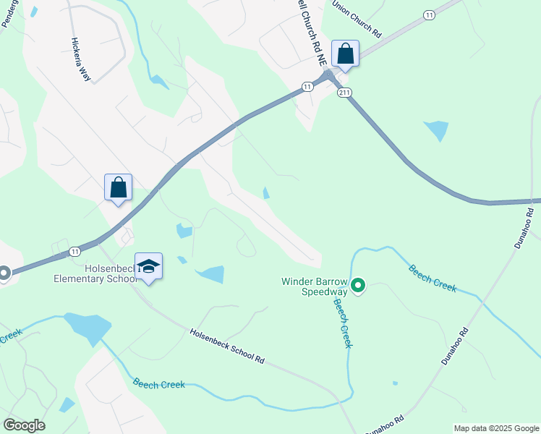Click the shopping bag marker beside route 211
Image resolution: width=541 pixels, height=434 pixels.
click(345, 54)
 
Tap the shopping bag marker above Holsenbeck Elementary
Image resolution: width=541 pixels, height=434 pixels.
click(119, 188)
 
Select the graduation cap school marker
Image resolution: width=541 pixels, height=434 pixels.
click(148, 267)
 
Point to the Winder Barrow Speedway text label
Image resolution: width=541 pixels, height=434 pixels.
click(315, 287)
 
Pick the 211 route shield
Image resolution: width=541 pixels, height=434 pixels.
click(344, 93)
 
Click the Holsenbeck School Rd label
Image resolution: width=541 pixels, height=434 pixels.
click(227, 346)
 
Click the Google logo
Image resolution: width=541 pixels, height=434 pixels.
click(24, 425)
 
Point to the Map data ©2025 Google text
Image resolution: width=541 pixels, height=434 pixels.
click(496, 428)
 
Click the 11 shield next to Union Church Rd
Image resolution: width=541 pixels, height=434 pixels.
click(430, 14)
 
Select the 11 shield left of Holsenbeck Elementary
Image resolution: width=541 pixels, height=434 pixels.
click(74, 251)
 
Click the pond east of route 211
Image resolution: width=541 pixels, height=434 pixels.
click(437, 130)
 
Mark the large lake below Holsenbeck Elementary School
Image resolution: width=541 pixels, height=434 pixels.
click(87, 328)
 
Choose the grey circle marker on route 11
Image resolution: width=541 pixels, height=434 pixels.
click(3, 273)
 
